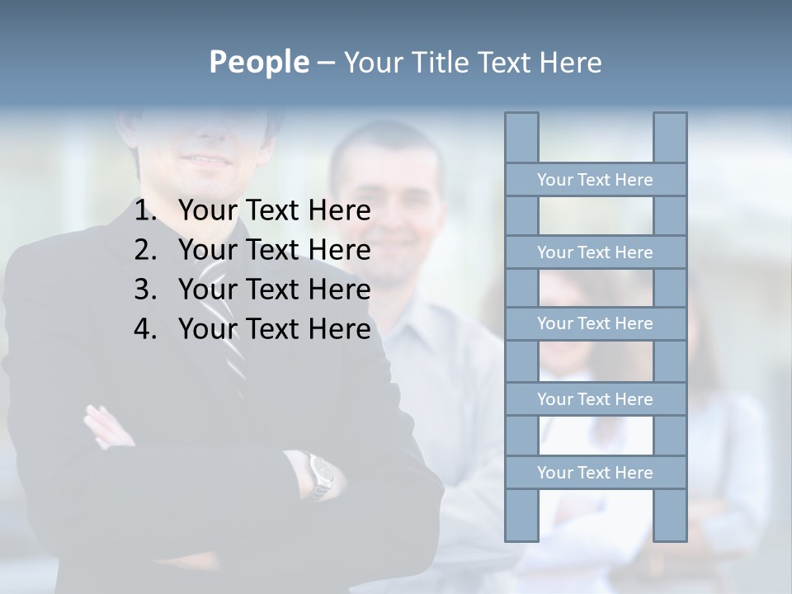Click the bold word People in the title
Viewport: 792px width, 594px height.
pos(258,62)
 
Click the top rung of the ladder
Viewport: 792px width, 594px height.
pos(595,180)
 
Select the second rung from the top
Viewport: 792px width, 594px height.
pos(595,252)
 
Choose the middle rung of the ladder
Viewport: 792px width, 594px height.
pos(595,323)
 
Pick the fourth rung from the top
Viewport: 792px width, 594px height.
pos(595,399)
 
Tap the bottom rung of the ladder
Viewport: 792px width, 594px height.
pos(595,473)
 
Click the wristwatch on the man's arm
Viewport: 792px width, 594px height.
pos(322,475)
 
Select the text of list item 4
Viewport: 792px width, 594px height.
pos(274,329)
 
